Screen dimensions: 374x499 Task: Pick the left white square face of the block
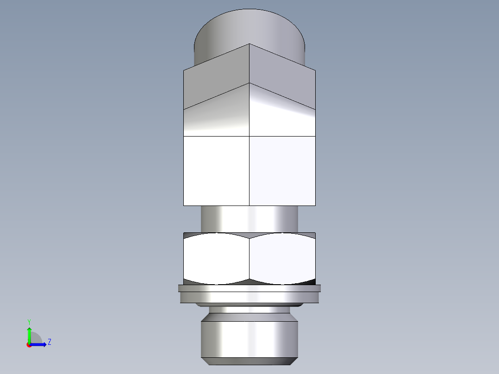tap(216, 171)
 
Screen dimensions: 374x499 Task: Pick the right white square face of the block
tap(282, 171)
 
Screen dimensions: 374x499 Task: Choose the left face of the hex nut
tap(216, 258)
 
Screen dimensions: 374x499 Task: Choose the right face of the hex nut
tap(282, 258)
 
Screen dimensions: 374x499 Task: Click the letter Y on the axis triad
tap(29, 321)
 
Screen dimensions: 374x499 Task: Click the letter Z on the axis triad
tap(49, 342)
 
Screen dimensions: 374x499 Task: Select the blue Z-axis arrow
tap(39, 344)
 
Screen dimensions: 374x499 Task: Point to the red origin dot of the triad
tap(29, 345)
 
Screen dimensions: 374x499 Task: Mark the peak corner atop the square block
tap(249, 44)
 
